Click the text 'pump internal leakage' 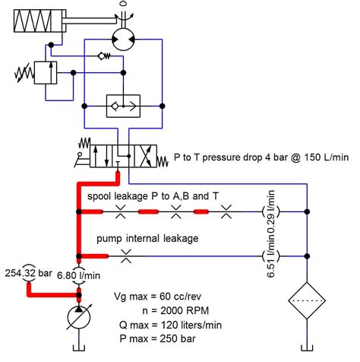coord(147,239)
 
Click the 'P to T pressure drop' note coord(261,157)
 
